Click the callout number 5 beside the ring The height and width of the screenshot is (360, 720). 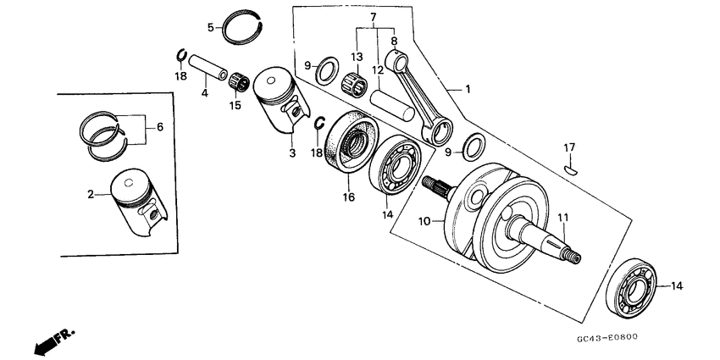[211, 27]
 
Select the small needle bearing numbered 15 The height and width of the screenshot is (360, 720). [238, 83]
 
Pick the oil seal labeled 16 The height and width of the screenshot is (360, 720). [349, 143]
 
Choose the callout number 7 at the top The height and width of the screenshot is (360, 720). [372, 17]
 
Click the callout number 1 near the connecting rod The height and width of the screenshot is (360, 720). [467, 89]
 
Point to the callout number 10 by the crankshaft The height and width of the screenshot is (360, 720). [426, 221]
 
